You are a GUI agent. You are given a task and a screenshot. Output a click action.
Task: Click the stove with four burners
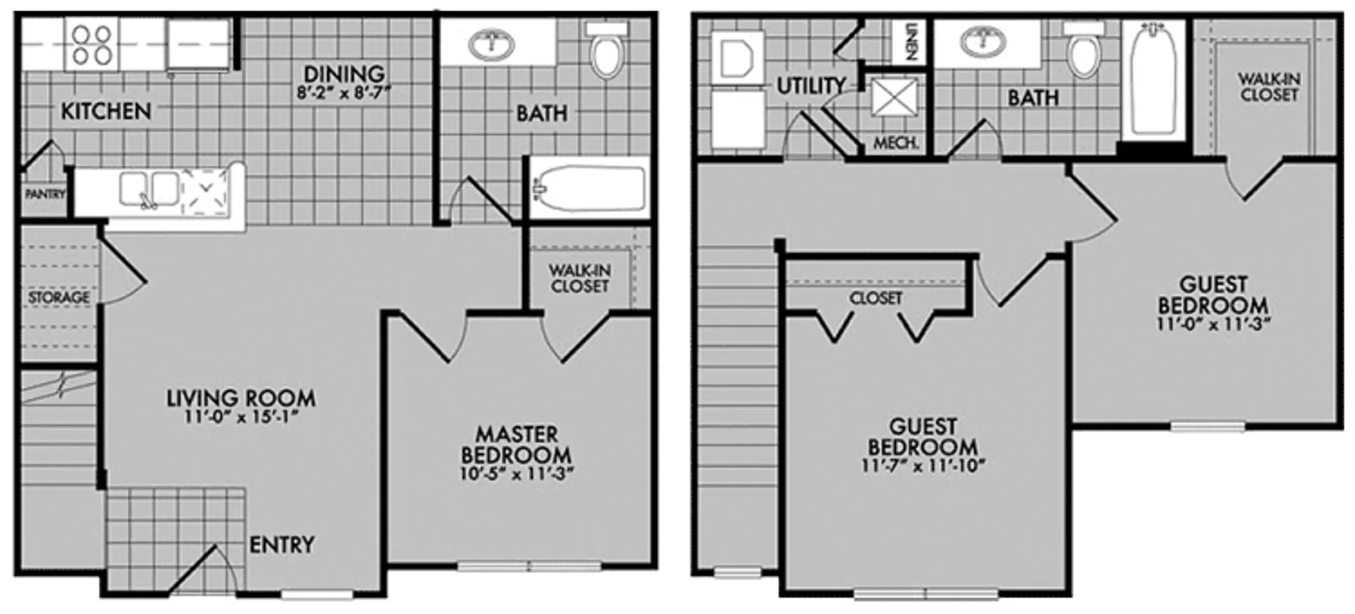(92, 45)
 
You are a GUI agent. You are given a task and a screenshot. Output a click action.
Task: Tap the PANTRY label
(45, 194)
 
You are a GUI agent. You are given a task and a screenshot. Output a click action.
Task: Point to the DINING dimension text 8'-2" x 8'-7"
(344, 93)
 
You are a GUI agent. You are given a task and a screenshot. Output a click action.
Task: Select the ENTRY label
(282, 544)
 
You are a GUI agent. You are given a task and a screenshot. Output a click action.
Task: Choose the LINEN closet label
(912, 41)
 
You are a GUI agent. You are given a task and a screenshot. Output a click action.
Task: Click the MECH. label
(896, 142)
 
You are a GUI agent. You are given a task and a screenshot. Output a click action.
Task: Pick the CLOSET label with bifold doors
(876, 298)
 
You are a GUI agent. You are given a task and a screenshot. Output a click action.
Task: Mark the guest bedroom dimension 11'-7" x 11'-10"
(922, 466)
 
